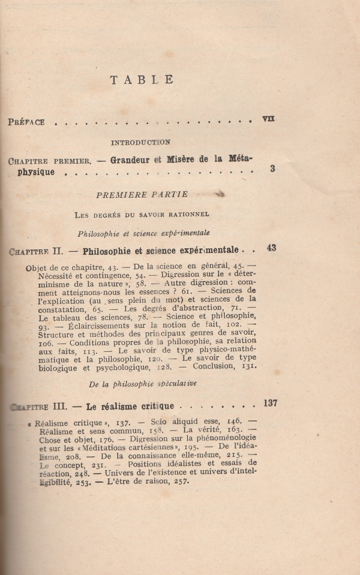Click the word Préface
[26, 122]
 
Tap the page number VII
[268, 119]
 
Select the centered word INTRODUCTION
[140, 142]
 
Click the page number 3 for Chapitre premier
[272, 169]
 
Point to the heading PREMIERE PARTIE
[142, 194]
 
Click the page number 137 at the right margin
[269, 403]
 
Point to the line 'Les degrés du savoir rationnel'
[142, 214]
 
